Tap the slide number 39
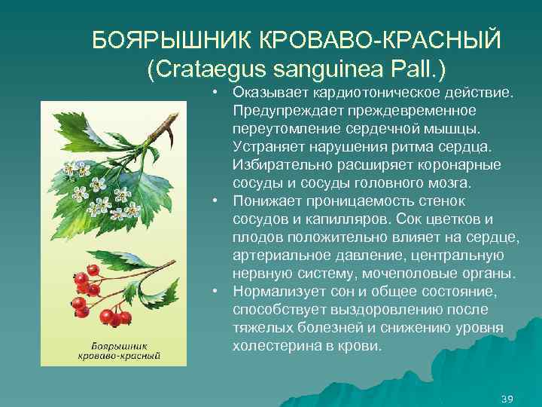coord(507,398)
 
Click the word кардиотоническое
coord(351,93)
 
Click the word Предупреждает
coord(287,111)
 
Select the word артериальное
coord(281,256)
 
